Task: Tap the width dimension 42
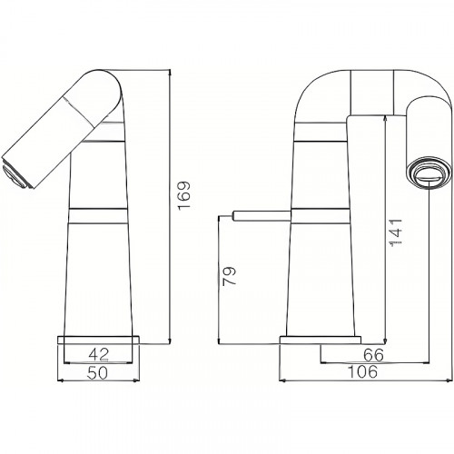[99, 355]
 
